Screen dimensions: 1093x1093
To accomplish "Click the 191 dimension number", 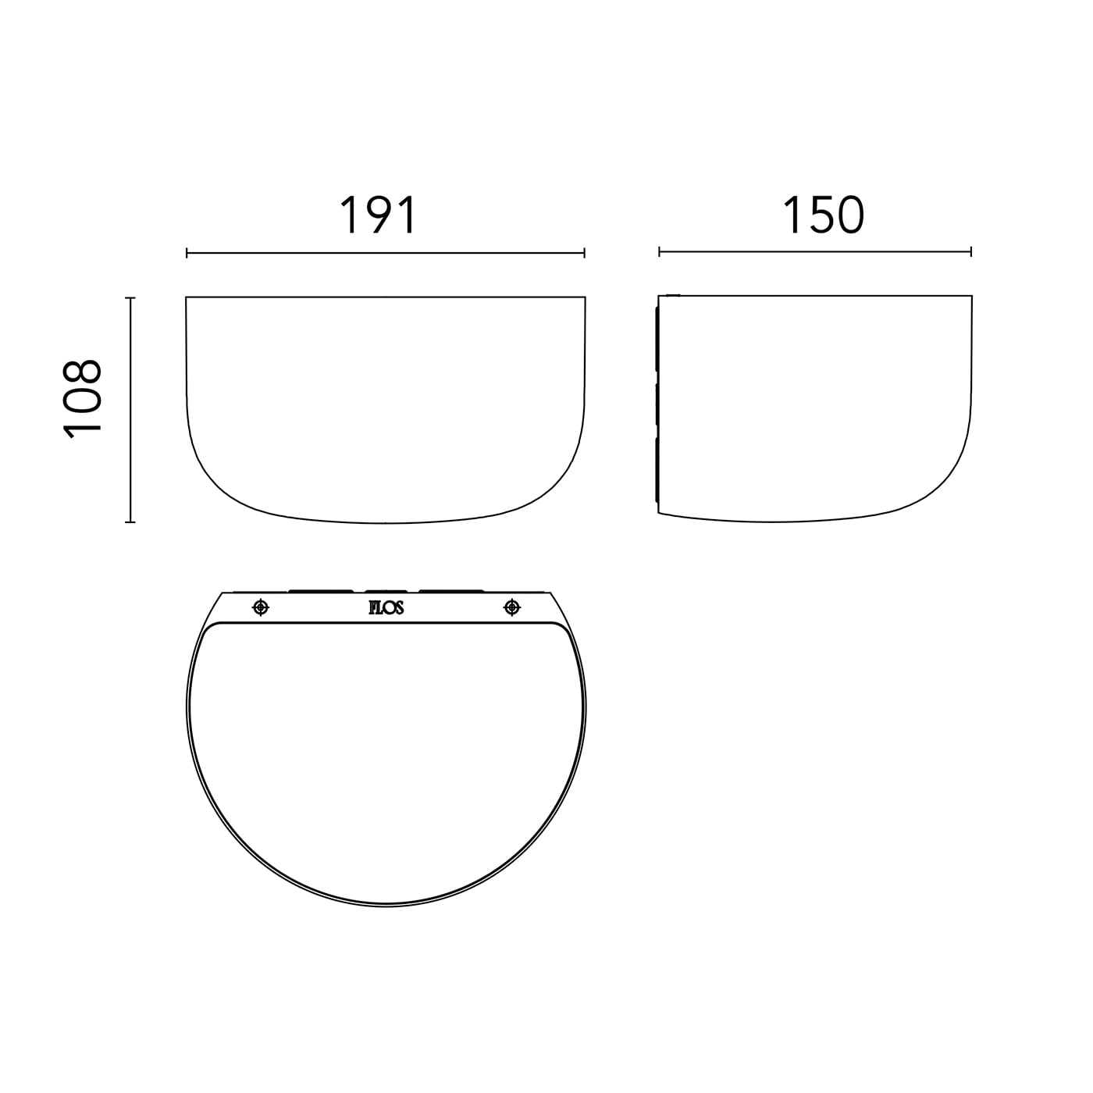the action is [x=379, y=215].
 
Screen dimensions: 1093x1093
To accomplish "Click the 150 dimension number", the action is [x=823, y=215].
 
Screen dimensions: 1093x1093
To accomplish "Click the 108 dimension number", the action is [x=82, y=399].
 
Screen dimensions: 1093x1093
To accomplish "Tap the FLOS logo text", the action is [x=386, y=608].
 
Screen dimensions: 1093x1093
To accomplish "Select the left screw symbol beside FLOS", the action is [x=260, y=608].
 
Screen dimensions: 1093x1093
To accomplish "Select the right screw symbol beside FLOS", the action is [x=511, y=608].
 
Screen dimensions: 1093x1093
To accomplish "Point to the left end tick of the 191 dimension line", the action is [x=187, y=253].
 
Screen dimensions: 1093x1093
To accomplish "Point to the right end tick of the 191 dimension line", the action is [x=584, y=253].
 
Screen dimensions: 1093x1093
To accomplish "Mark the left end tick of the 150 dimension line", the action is [x=659, y=251].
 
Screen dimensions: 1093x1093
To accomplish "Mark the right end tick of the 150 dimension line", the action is [x=971, y=251].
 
